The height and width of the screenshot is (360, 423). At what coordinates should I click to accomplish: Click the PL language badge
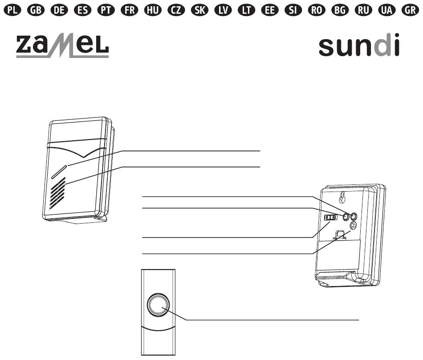tap(12, 10)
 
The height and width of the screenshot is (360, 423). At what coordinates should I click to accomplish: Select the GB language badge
tap(36, 10)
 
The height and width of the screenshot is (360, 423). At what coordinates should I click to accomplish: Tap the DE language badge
tap(59, 10)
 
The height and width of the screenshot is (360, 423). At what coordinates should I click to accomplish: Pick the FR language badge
tap(130, 10)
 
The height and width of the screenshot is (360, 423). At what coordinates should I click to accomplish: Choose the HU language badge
tap(153, 10)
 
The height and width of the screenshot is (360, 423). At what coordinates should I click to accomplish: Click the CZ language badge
tap(176, 10)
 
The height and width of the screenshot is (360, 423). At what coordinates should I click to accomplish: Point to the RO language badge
tap(317, 10)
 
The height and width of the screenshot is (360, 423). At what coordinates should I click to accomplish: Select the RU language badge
tap(363, 10)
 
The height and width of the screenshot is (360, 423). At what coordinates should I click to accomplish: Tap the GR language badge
tap(411, 10)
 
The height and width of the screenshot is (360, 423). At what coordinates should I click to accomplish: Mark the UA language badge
tap(387, 10)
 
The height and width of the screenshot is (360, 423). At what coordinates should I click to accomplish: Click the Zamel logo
tap(62, 45)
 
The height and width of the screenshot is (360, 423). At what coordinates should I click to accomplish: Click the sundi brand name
tap(359, 45)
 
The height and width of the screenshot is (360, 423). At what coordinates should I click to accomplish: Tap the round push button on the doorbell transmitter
tap(159, 305)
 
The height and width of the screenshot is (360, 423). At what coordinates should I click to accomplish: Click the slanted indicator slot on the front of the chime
tap(59, 172)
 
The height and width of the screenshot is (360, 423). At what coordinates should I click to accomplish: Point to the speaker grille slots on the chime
tap(57, 193)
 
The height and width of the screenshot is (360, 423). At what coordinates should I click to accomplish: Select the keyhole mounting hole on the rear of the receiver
tap(342, 197)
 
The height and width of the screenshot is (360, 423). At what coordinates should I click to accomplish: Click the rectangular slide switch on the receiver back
tap(330, 217)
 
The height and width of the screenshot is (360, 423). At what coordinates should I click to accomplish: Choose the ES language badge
tap(82, 10)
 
